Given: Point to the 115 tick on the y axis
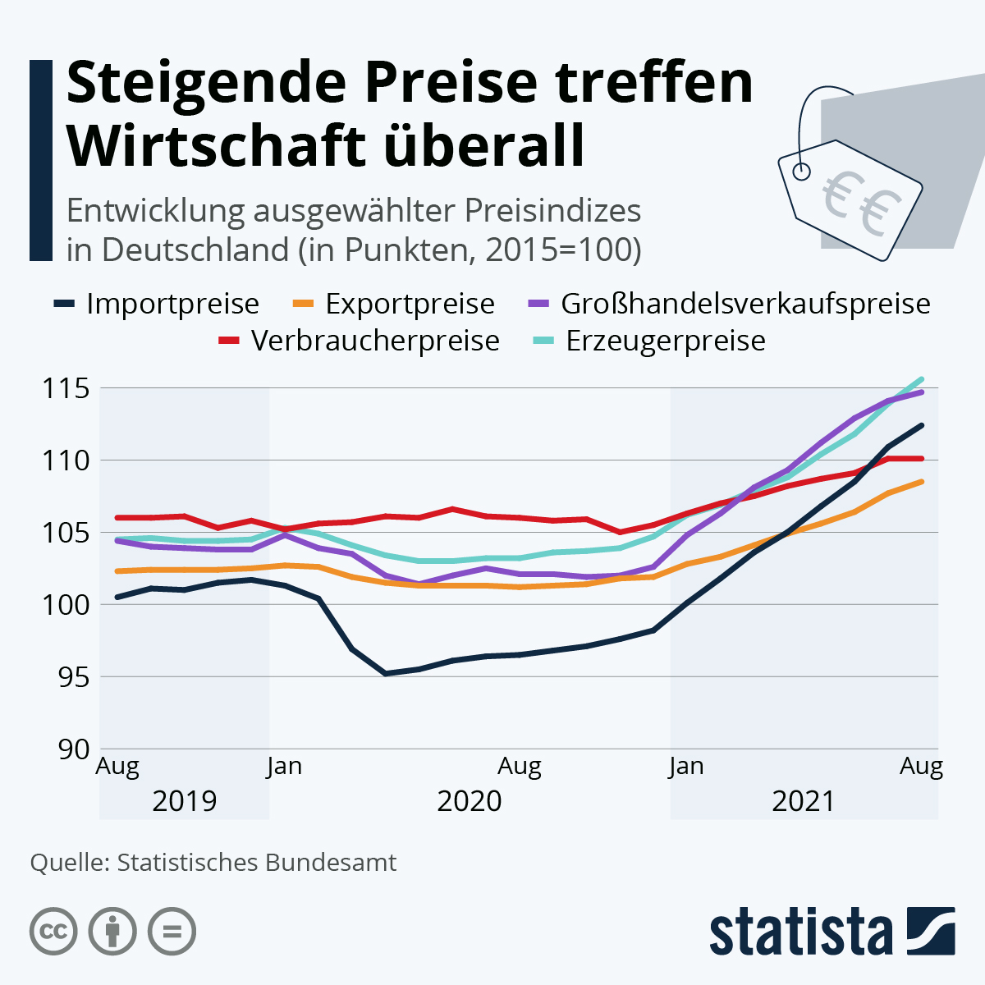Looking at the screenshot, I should [66, 388].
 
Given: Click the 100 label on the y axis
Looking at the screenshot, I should [66, 605].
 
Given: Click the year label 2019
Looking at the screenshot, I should [185, 800].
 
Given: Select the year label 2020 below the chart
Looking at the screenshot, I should [469, 800].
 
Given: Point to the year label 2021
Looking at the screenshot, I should [804, 800].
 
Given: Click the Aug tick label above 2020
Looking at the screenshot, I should [520, 767].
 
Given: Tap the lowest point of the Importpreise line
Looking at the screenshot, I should [385, 673].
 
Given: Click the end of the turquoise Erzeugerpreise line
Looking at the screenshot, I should [922, 379].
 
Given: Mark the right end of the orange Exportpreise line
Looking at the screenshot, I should [922, 482].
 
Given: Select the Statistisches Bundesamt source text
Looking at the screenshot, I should [256, 863].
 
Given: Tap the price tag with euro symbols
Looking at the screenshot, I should [850, 197].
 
